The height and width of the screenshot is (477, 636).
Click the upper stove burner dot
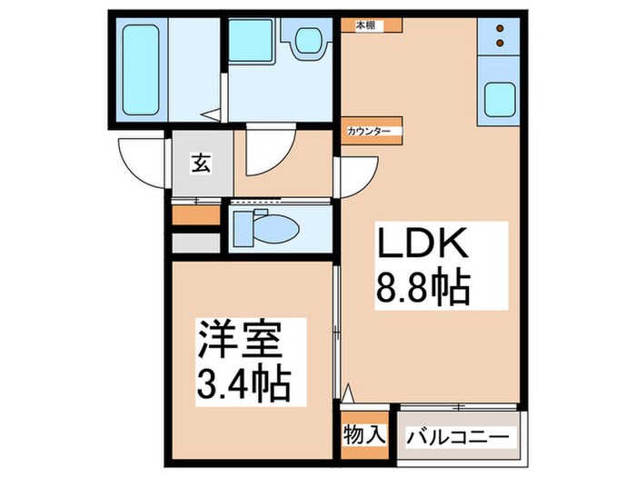(x=501, y=27)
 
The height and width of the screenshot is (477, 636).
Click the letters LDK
(x=422, y=245)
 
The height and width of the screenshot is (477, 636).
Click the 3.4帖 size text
(x=243, y=385)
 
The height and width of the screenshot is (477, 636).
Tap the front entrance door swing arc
(x=143, y=164)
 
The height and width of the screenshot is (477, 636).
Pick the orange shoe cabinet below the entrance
(x=196, y=216)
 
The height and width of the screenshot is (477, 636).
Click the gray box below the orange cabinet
(x=196, y=243)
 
